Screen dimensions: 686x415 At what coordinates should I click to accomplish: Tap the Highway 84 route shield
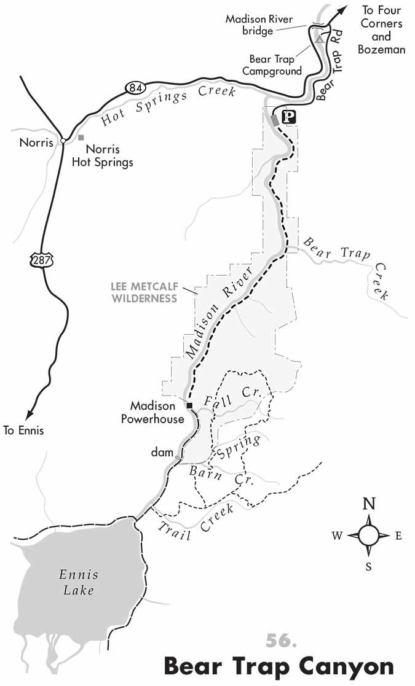coord(135,88)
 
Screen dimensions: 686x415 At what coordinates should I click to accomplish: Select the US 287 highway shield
coord(39,260)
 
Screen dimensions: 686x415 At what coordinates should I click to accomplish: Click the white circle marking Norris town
coord(63,141)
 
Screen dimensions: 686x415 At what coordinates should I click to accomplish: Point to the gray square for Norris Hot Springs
coord(81,138)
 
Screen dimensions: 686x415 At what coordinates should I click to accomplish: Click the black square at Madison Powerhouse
coord(189,405)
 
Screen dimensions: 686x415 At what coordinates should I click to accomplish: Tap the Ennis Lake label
coord(78,582)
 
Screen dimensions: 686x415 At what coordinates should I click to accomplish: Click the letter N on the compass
coord(369,504)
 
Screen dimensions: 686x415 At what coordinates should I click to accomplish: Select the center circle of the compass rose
coord(369,535)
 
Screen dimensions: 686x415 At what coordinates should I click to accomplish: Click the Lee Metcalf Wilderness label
coord(144,292)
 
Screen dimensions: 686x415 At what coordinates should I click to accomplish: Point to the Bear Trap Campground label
coord(272,65)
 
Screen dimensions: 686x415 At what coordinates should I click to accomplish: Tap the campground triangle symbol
coord(318,39)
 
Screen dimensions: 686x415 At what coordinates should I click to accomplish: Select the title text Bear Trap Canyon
coord(279,666)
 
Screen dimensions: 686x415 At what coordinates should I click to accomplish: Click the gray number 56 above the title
coord(281,640)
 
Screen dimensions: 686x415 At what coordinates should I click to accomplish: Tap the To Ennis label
coord(23,431)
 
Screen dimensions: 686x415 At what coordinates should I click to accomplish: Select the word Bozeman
coord(381,49)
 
